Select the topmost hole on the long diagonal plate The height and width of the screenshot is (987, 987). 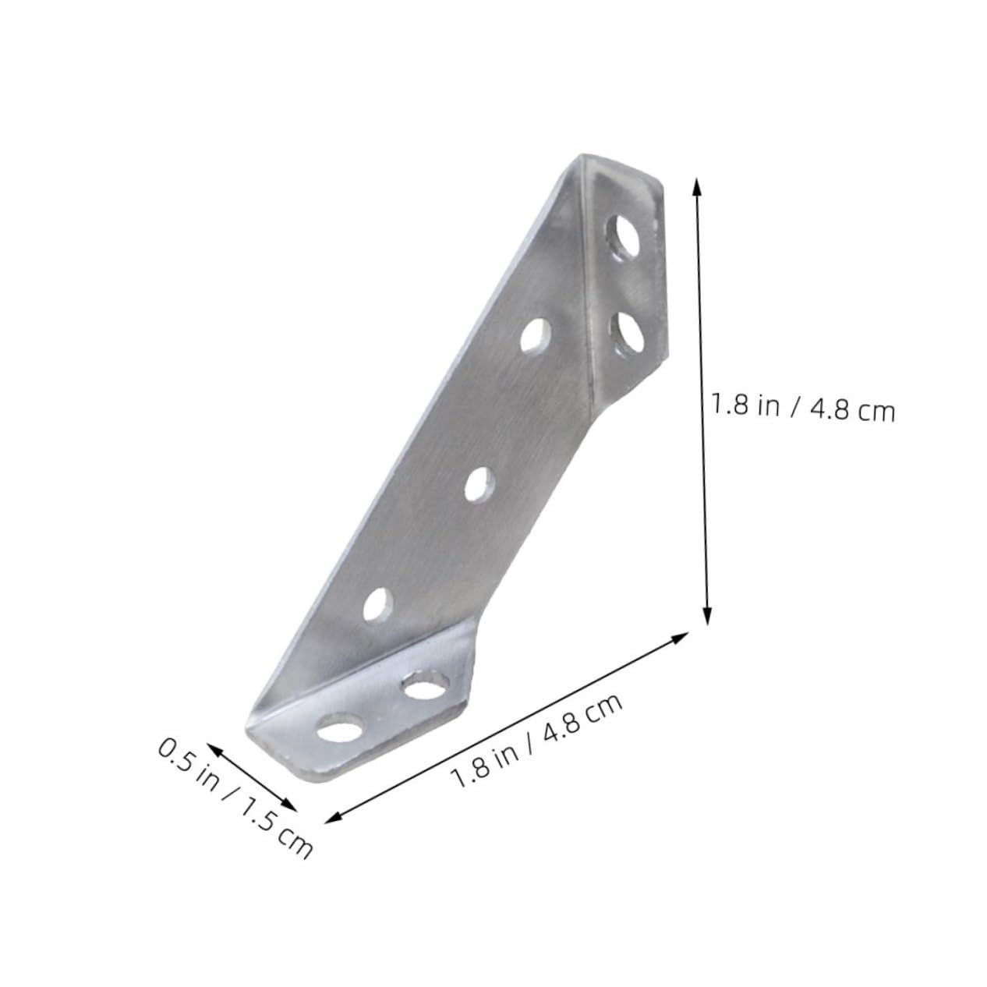(535, 336)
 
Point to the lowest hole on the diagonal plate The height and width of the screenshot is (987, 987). (378, 605)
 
